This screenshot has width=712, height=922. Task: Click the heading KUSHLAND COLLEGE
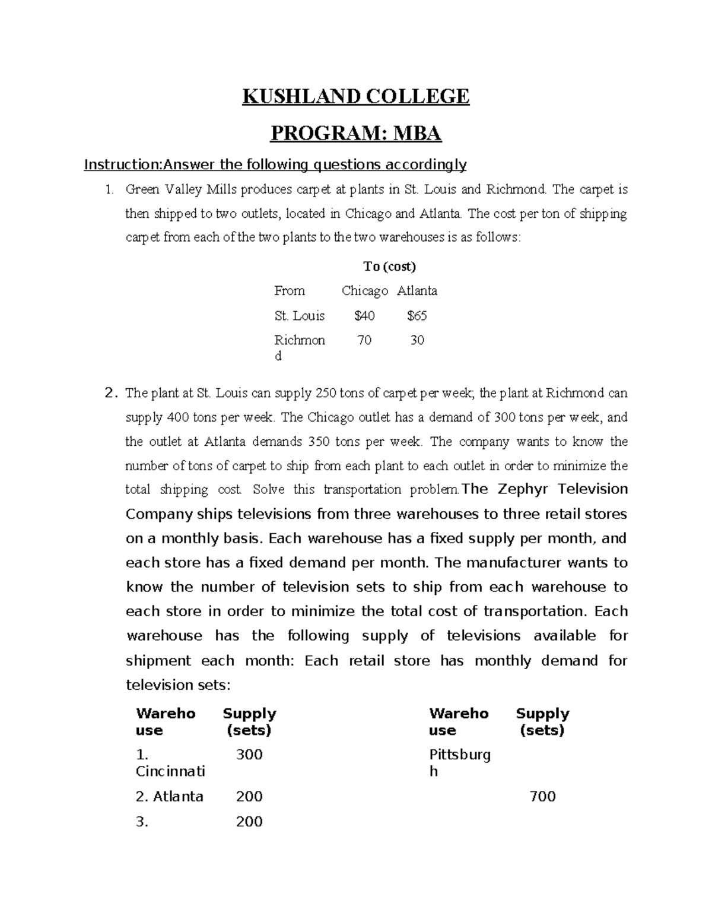coord(355,96)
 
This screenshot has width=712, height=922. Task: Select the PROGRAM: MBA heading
coord(355,134)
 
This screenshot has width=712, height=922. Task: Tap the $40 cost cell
coord(364,316)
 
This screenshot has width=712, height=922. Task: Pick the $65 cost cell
coord(417,316)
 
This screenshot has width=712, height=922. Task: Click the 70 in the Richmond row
coord(364,340)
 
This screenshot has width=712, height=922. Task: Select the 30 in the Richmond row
coord(417,340)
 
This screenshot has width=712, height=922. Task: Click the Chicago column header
coord(364,291)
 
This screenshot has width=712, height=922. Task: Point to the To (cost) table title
coord(389,267)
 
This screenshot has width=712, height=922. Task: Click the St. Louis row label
coord(299,316)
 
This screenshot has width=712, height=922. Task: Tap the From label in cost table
coord(290,291)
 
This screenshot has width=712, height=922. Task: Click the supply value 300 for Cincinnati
coord(249,755)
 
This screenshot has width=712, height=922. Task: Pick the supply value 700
coord(542,796)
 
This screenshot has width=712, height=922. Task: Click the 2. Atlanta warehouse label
coord(169,796)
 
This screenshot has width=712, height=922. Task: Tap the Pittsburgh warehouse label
coord(460,763)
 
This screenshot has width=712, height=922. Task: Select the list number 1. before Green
coord(108,190)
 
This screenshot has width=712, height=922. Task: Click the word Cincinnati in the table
coord(170,771)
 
